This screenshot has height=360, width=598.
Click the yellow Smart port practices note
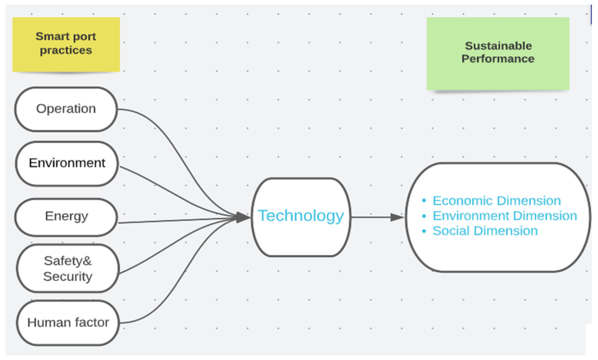point(66,44)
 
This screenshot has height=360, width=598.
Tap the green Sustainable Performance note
point(498,53)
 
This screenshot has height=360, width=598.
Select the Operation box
point(66,109)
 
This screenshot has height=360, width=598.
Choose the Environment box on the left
point(67,163)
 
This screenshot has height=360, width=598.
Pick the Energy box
point(66,217)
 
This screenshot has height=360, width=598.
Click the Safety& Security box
point(68,268)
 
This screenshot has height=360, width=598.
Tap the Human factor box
point(68,323)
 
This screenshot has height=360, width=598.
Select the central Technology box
point(301,217)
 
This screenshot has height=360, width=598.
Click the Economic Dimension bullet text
point(496,201)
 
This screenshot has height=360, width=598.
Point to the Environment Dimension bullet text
point(504,216)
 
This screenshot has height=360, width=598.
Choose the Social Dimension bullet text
point(485,231)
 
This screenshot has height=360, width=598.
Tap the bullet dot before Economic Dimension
point(424,201)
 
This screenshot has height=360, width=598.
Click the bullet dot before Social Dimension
point(424,231)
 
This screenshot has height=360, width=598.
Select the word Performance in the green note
point(498,59)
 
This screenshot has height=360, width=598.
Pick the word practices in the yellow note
point(66,50)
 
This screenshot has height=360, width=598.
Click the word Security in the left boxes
point(68,276)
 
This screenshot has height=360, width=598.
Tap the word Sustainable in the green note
point(498,46)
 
